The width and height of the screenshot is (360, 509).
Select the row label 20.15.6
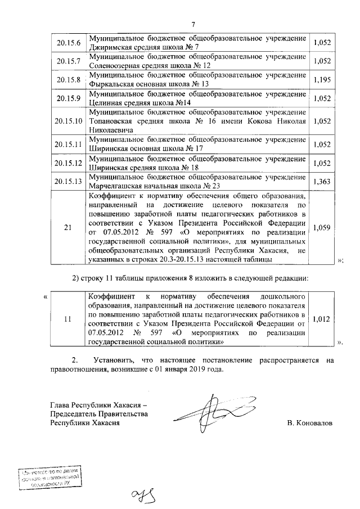(68, 43)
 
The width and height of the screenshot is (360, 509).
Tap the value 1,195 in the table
(322, 79)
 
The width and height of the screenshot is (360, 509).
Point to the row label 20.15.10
(68, 121)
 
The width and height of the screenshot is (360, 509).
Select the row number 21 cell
(68, 228)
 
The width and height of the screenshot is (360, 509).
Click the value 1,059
(322, 228)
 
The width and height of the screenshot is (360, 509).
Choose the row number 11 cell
(68, 318)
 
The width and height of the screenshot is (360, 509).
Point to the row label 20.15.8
(68, 79)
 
